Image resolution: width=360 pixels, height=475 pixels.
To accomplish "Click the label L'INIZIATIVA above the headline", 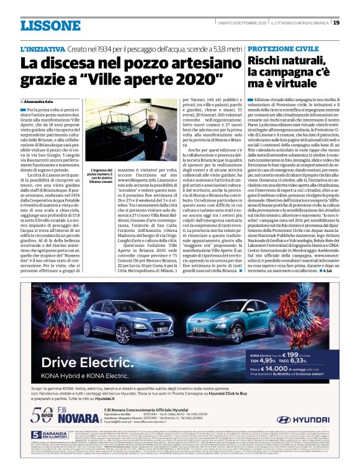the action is coord(44,48).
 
